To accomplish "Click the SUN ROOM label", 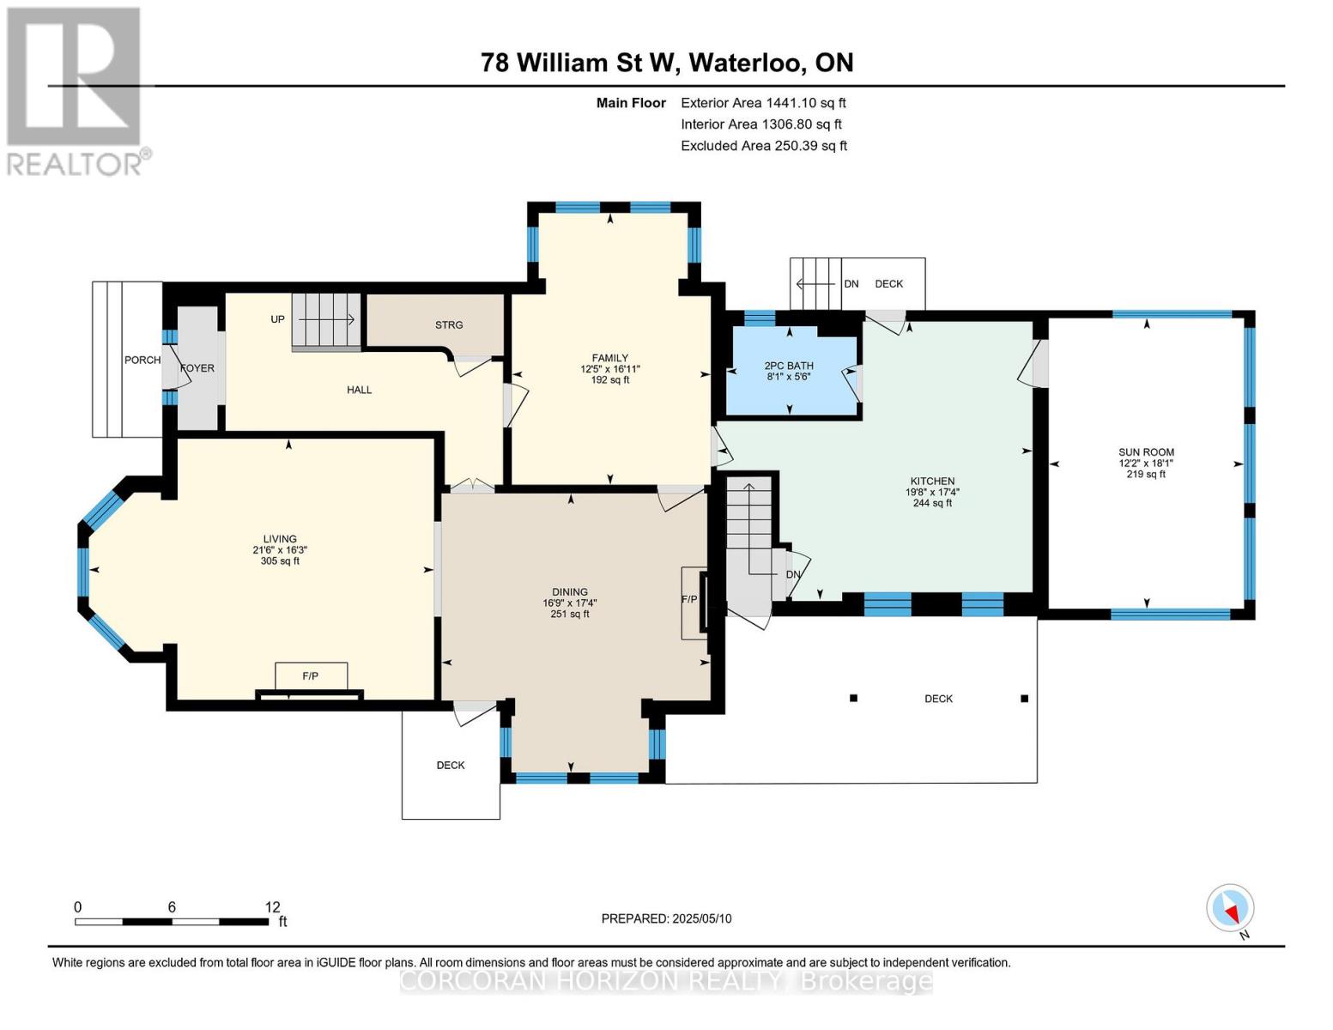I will click(1146, 452).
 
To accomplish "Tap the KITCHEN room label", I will click(932, 482).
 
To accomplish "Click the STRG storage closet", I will click(448, 324).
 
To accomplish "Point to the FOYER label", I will click(197, 368).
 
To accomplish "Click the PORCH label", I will click(142, 360).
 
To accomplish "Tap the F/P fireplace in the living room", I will click(311, 676).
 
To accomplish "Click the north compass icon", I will click(1230, 908).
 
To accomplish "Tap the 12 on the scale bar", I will click(273, 907).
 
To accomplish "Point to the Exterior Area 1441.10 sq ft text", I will click(763, 103).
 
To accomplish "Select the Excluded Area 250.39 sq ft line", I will click(763, 146).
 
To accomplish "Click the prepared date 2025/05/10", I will click(702, 918).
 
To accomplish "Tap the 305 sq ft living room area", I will click(280, 561).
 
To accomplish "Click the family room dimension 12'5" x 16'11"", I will click(610, 369).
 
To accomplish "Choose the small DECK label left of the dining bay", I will click(451, 765).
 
